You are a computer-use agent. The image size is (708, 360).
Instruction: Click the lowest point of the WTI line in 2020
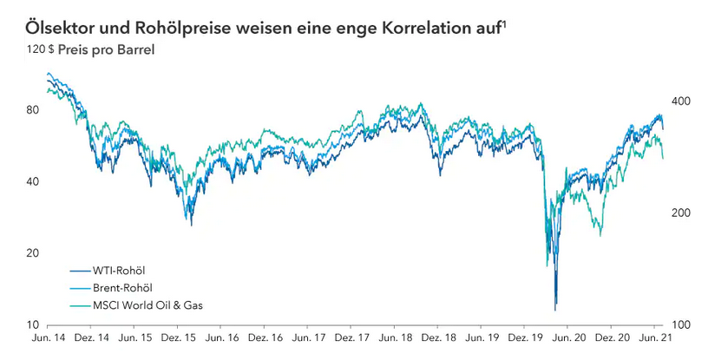(555, 309)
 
